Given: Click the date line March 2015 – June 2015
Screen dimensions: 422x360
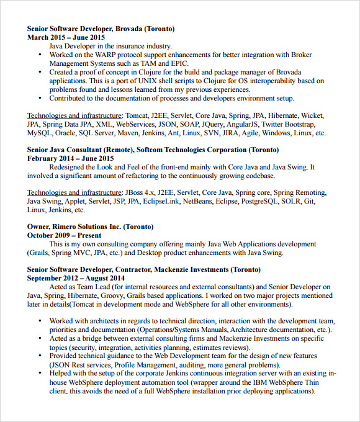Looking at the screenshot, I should tap(66, 37).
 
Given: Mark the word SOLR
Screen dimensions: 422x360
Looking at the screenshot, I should tap(290, 202).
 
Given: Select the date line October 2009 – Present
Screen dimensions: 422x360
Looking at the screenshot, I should tap(64, 236).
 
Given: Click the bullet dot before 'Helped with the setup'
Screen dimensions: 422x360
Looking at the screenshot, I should tap(40, 374).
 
